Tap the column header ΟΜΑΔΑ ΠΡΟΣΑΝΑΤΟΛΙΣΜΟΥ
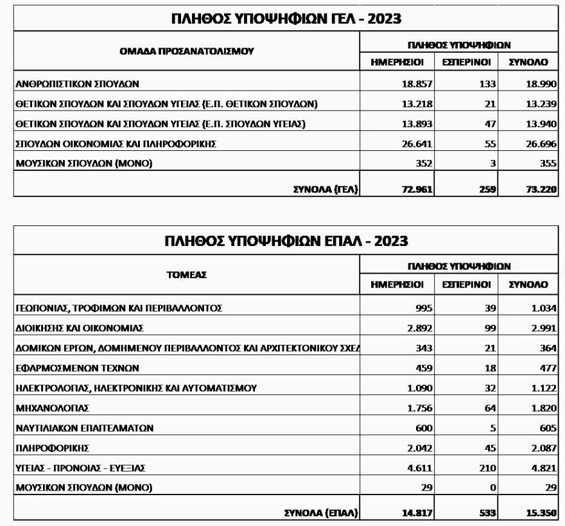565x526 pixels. point(187,52)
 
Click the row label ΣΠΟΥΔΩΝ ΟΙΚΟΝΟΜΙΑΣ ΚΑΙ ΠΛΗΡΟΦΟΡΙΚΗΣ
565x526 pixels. point(116,144)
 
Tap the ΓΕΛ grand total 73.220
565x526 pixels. point(537,189)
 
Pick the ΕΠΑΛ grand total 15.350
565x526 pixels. point(537,511)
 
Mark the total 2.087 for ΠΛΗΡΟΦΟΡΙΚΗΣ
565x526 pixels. point(539,448)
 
